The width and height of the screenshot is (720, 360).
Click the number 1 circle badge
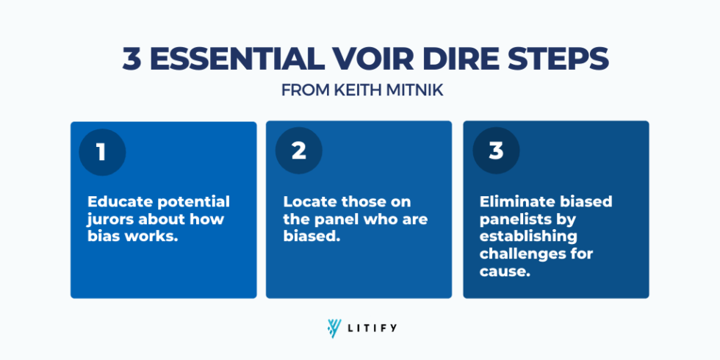click(x=102, y=153)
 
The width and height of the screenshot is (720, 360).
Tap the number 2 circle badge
click(x=299, y=151)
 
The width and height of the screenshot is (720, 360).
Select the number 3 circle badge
click(x=497, y=151)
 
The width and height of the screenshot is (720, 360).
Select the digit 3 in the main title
click(x=132, y=60)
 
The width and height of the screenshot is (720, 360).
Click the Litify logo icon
click(x=335, y=328)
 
